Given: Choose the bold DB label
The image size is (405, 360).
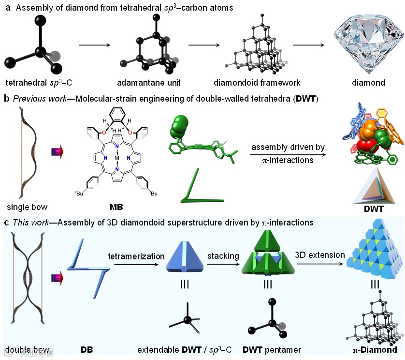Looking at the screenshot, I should point(87,349).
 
